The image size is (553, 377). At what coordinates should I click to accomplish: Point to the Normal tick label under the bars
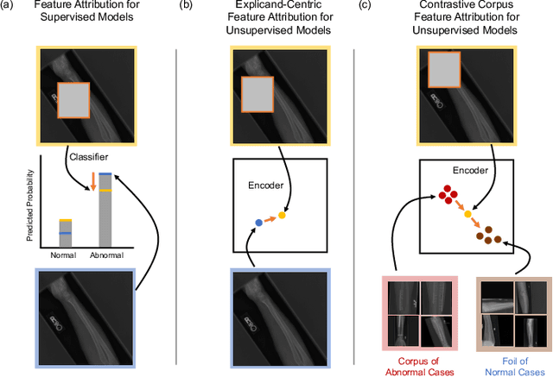coord(64,256)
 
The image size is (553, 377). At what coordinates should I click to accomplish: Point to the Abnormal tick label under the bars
coord(105,256)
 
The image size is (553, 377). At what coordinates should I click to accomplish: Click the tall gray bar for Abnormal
coord(104,210)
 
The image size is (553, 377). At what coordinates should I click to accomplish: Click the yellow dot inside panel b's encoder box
coord(282,215)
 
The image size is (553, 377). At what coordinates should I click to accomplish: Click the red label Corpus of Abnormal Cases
coord(419,362)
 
